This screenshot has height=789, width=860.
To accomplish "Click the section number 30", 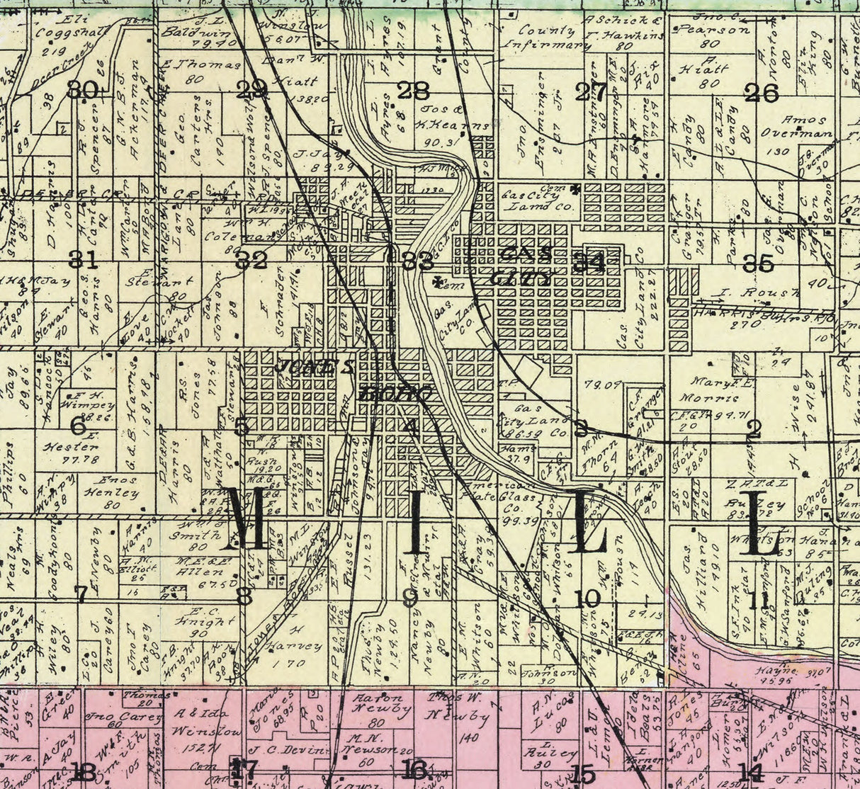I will point(82,90).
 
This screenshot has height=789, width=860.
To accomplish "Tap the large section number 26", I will point(762,93).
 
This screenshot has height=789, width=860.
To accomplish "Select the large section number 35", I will point(758,263).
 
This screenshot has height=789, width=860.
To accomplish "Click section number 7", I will point(81,594).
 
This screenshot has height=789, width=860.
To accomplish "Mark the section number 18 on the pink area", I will point(84,771).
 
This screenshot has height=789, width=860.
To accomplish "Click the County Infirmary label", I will point(547,38).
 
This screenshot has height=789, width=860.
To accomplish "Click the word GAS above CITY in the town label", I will point(526,253).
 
